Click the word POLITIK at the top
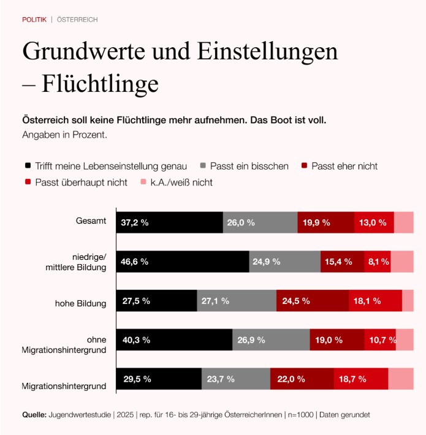34,20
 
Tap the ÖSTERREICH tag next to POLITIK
77,20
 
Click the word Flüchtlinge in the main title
100,83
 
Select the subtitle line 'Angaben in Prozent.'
64,135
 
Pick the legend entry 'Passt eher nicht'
344,166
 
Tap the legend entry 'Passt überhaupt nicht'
81,182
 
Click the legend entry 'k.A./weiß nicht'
181,182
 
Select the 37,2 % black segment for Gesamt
169,222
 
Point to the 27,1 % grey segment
237,301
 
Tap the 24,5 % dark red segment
312,301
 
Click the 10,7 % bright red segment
380,339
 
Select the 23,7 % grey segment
235,379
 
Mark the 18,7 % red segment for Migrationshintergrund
360,379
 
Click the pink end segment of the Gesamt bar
403,222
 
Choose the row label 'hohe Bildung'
81,303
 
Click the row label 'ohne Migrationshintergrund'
64,344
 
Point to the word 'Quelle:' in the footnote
34,415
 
